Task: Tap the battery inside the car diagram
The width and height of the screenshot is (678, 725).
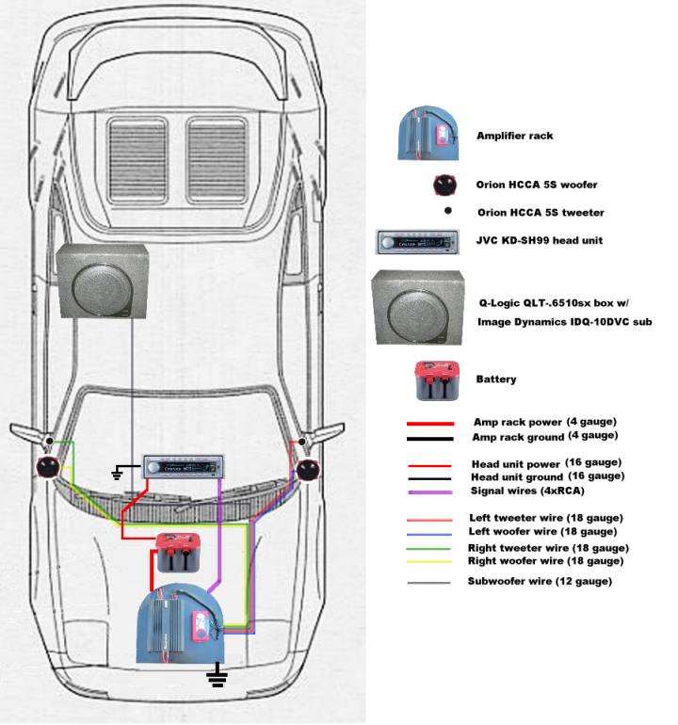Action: click(179, 553)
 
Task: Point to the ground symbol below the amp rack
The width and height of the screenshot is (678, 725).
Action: click(218, 676)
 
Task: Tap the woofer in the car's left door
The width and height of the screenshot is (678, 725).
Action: click(47, 466)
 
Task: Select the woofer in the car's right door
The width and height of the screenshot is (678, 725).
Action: click(306, 467)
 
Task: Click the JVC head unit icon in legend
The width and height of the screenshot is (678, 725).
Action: click(417, 241)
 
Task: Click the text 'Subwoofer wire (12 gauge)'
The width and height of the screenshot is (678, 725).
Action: click(540, 581)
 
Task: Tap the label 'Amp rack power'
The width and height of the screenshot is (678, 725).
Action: click(516, 423)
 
